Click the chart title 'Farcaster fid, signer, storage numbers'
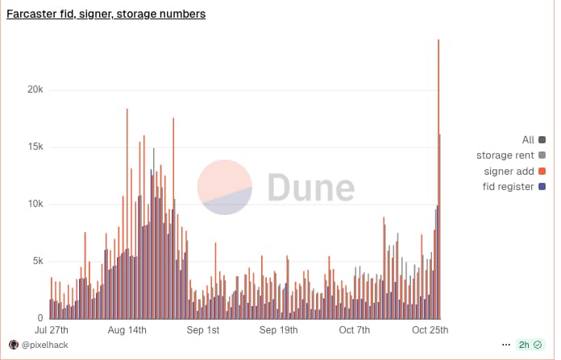pyautogui.click(x=106, y=14)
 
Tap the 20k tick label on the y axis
pyautogui.click(x=35, y=89)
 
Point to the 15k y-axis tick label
pyautogui.click(x=35, y=147)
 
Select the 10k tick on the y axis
pyautogui.click(x=35, y=204)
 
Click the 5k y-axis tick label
pyautogui.click(x=37, y=261)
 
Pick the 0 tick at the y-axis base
pyautogui.click(x=40, y=318)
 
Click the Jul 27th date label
pyautogui.click(x=52, y=330)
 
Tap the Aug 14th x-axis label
pyautogui.click(x=127, y=330)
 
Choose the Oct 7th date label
pyautogui.click(x=354, y=330)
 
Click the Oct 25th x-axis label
pyautogui.click(x=429, y=330)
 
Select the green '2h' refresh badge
pyautogui.click(x=530, y=345)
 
